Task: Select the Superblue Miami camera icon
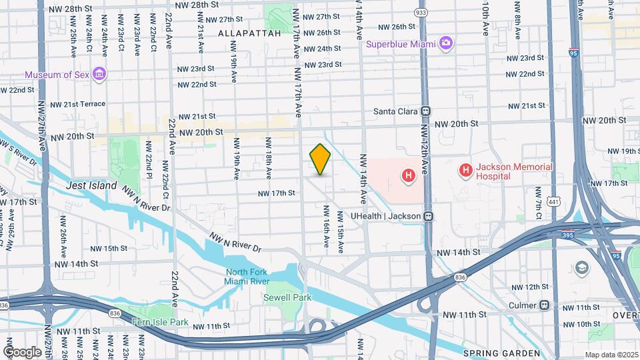[x=446, y=44]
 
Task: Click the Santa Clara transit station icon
[x=425, y=111]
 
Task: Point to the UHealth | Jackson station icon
[x=429, y=216]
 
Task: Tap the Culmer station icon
[x=545, y=305]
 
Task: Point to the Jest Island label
[x=92, y=186]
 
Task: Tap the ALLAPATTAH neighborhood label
[x=249, y=33]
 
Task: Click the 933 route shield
[x=421, y=13]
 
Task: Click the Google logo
[x=22, y=351]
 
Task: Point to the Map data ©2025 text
[x=611, y=355]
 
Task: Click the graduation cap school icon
[x=583, y=268]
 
